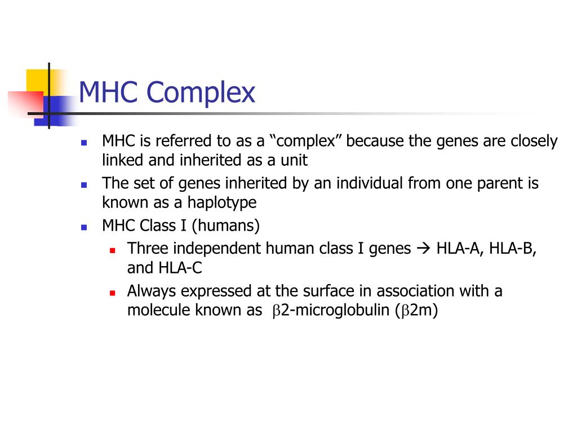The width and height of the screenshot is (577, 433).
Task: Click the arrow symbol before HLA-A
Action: click(423, 249)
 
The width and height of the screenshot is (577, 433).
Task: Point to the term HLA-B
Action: click(512, 249)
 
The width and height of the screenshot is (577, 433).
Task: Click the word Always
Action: click(149, 291)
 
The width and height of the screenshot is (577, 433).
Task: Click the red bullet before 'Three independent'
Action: click(112, 249)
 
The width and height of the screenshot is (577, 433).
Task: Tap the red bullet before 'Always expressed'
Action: click(112, 293)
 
